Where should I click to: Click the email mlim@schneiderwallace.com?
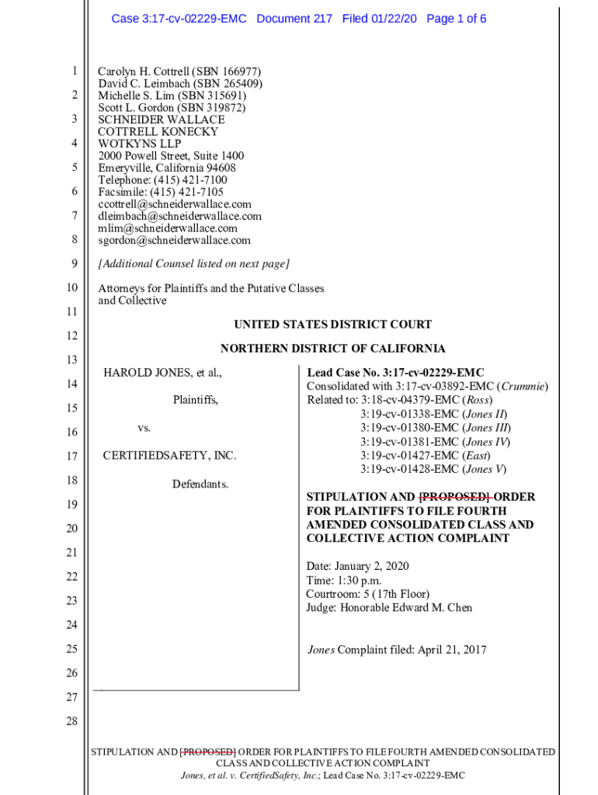tap(168, 228)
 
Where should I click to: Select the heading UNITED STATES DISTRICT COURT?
tap(332, 325)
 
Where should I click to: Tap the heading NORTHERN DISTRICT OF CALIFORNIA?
tap(332, 349)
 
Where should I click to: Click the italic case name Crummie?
tap(523, 386)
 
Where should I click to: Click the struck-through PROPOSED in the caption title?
tap(454, 497)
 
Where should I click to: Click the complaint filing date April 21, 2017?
tap(452, 650)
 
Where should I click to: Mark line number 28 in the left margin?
tap(72, 722)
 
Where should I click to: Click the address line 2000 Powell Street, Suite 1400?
tap(171, 156)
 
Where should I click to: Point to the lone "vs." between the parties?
tap(144, 428)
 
